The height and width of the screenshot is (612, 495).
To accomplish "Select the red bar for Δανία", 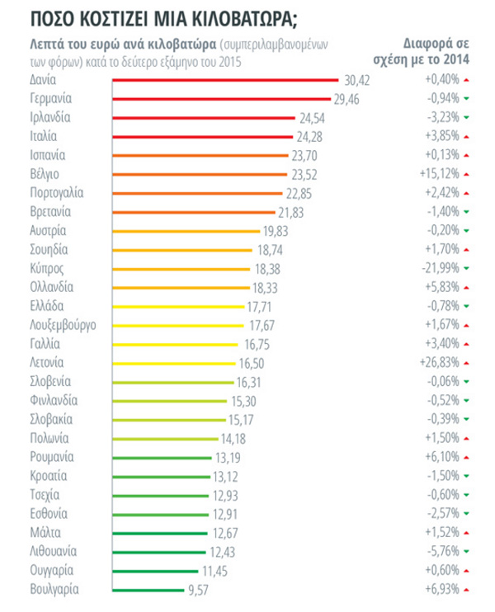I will tap(224, 80).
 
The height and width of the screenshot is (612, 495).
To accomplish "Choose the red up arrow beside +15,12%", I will tap(467, 174).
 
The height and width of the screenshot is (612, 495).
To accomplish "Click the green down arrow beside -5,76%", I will tap(467, 551).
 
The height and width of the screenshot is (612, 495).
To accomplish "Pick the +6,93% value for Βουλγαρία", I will tap(441, 589).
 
